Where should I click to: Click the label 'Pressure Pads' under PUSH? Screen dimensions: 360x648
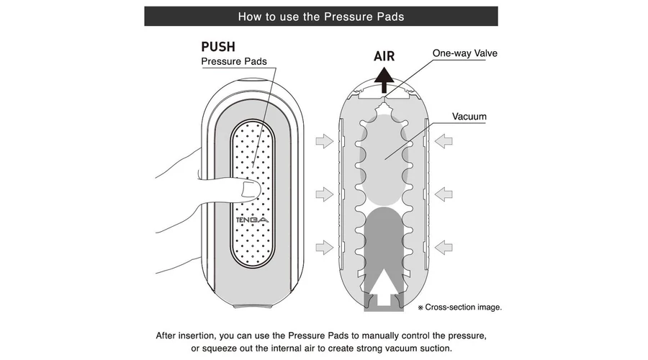233,62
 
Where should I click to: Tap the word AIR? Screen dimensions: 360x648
384,57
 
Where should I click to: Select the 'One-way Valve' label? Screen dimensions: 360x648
464,53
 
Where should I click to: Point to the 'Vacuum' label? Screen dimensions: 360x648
469,116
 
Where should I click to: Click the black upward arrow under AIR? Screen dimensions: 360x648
384,79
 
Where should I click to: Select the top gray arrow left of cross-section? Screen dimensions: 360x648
325,141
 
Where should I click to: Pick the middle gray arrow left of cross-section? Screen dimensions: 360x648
325,194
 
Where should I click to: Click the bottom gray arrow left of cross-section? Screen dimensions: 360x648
325,247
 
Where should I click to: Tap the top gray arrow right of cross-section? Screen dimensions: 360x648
444,141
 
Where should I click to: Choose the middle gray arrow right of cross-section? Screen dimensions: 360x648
444,194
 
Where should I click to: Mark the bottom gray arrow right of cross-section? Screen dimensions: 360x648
444,247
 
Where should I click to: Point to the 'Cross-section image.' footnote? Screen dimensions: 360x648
462,307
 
